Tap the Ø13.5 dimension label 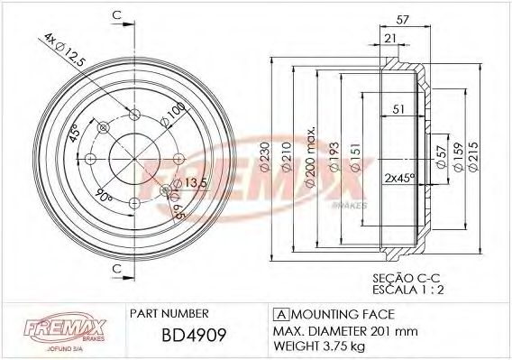(190, 184)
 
